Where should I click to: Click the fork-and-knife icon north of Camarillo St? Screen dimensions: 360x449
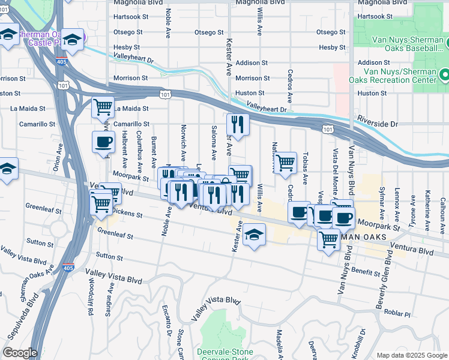point(238,125)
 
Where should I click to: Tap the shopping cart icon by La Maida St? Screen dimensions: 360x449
point(103,108)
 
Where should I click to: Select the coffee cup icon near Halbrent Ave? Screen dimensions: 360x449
point(103,143)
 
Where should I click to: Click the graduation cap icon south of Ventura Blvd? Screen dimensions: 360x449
point(255,235)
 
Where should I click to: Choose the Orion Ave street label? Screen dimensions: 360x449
point(57,160)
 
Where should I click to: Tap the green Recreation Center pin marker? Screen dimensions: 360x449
point(444,76)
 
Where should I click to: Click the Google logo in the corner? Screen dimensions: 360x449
point(20,353)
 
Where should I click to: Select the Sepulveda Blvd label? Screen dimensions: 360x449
point(17,318)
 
